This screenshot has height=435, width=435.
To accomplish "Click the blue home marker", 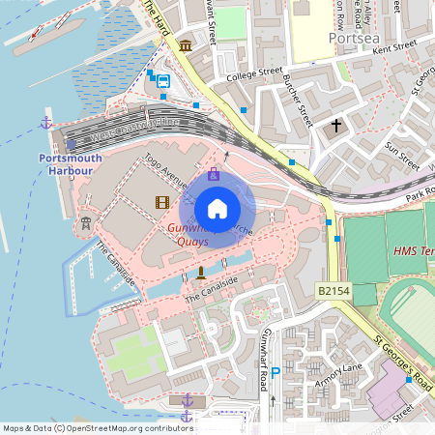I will point(217,208).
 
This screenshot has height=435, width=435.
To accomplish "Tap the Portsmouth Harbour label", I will point(66,163).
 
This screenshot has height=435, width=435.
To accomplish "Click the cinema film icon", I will point(160,202).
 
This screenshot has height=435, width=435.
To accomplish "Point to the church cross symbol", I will point(337,126).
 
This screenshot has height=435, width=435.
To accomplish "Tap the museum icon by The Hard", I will point(185,45).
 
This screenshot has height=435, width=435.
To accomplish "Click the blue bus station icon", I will point(163,82).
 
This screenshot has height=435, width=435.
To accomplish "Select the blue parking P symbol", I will point(276,371).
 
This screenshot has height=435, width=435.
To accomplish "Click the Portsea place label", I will point(349,38).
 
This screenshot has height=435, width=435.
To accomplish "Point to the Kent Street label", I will point(394,46).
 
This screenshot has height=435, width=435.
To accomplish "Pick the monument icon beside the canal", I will point(200,274).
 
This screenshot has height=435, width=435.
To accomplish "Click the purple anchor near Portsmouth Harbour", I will point(44,122).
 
